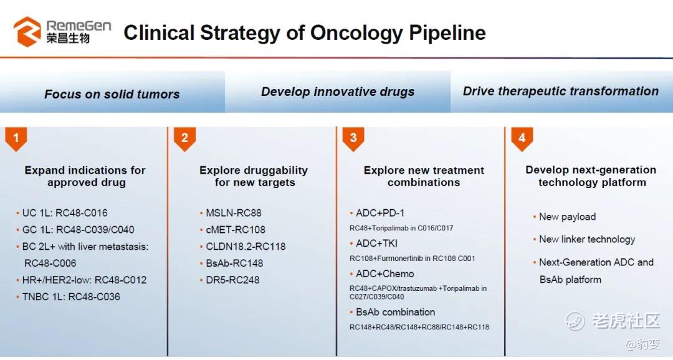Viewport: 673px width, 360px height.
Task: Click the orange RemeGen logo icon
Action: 27,31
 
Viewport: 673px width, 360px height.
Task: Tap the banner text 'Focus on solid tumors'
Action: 112,95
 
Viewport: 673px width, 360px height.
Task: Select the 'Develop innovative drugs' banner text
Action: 338,92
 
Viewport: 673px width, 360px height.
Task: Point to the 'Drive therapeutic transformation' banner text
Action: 561,91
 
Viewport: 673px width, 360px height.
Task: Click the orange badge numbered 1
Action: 16,139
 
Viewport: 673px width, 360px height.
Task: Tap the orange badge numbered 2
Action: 184,139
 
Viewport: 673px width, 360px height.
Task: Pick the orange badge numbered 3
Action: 353,139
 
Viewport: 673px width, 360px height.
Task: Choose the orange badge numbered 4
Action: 522,139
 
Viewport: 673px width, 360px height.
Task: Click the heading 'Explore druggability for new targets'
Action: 254,176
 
